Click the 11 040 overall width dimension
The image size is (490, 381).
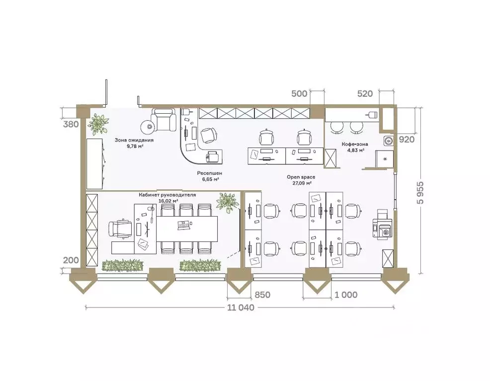pos(241,307)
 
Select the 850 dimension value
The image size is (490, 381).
pos(262,295)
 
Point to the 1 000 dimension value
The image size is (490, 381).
pos(345,295)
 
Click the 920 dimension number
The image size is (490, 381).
pos(407,139)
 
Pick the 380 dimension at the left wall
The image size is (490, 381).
pos(71,124)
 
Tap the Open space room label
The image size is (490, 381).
pos(301,177)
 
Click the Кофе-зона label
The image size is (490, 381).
pos(355,144)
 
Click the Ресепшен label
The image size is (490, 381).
pos(210,173)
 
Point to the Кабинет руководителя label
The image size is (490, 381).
pos(167,195)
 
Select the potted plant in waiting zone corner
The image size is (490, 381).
pos(98,123)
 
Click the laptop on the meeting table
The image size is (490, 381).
pos(184,225)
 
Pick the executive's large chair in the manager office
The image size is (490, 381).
pos(120,229)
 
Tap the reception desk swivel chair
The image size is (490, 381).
pos(208,135)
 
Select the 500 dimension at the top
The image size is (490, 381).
pos(299,94)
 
